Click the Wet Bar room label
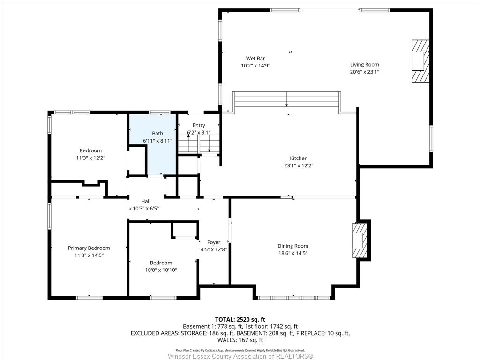[x=255, y=59]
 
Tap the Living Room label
[x=365, y=65]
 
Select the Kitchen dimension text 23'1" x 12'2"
[x=299, y=165]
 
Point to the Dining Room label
[x=293, y=246]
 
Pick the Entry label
[x=199, y=125]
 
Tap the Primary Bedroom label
[x=89, y=248]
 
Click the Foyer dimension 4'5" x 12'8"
[x=214, y=249]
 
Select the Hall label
[x=146, y=201]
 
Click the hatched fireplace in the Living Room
[x=420, y=61]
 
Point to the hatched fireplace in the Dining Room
[x=360, y=240]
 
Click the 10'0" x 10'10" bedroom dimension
[x=161, y=270]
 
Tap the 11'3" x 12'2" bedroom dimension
[x=90, y=158]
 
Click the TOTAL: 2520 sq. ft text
[x=240, y=320]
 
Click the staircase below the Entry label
[x=199, y=143]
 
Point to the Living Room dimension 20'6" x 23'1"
[x=365, y=72]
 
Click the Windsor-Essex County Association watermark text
[x=240, y=356]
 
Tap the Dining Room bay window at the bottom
[x=294, y=298]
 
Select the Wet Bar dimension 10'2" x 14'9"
[x=255, y=66]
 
